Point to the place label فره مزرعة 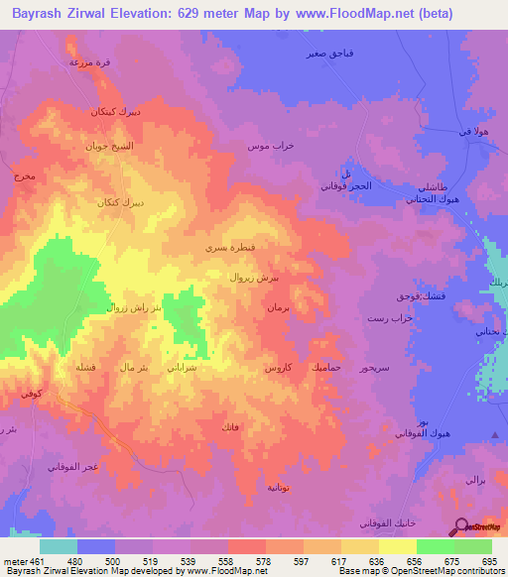click(88, 61)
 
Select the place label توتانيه click(279, 487)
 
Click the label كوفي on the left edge click(32, 394)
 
